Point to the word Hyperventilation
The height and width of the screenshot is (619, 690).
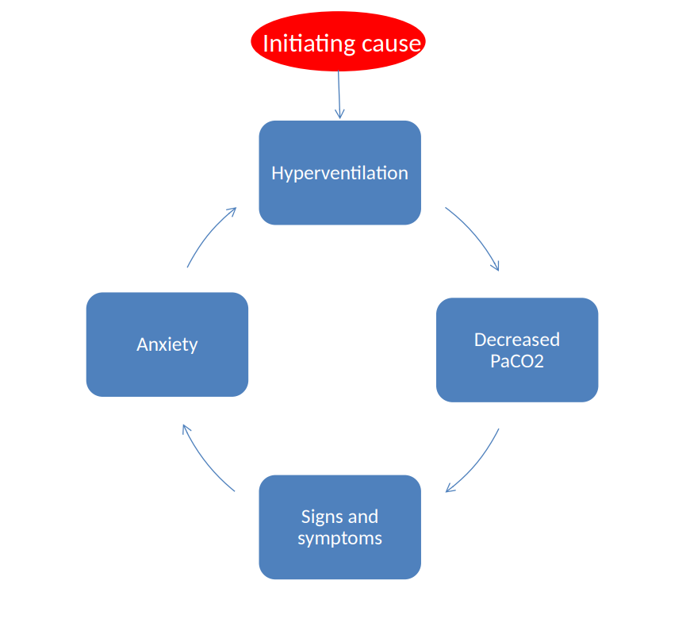point(339,173)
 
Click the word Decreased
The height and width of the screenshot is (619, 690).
point(517,340)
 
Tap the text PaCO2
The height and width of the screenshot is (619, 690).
point(517,362)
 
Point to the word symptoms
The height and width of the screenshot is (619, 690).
point(339,538)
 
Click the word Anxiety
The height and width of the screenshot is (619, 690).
point(167,344)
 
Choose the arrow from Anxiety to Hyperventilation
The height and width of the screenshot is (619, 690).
point(207,235)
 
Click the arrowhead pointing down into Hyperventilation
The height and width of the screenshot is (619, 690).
point(340,115)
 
